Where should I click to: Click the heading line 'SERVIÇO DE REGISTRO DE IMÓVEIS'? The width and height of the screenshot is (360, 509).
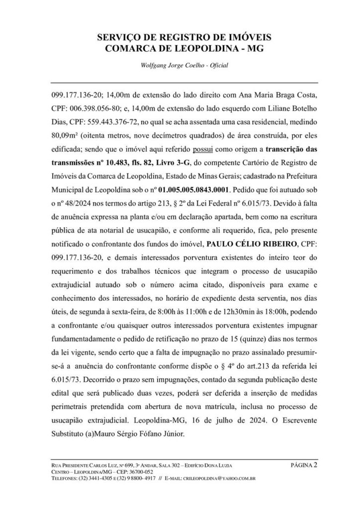[x=180, y=38]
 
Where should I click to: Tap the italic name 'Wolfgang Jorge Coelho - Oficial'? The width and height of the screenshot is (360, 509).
[x=180, y=65]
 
